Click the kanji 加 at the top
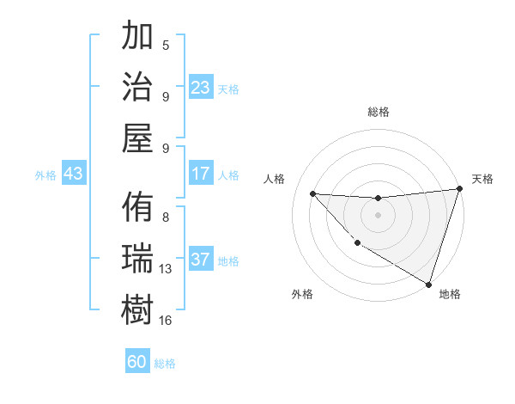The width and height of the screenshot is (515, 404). pos(137,38)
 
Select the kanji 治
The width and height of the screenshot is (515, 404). pos(137,87)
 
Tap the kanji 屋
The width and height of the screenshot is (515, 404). pos(137,138)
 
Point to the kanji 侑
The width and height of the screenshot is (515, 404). pos(137,208)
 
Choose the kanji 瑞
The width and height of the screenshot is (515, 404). pos(137,259)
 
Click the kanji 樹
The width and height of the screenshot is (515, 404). pos(137,309)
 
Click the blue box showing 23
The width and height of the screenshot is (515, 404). pos(201,87)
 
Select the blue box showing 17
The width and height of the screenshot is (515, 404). pos(201,174)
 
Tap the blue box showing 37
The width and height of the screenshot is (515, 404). pos(201,260)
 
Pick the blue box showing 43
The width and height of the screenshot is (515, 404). pos(73,174)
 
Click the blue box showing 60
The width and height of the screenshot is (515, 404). pos(137,362)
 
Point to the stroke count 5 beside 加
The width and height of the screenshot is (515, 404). pos(166,45)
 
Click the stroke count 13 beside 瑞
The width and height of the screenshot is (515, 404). pos(166,269)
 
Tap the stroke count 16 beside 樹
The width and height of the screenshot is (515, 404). pos(166,320)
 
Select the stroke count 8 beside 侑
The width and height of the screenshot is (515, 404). pos(166,217)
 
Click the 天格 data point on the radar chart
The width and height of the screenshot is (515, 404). pos(459,189)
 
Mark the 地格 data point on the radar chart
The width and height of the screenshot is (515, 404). pos(428,284)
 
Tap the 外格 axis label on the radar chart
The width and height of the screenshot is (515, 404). pos(302,295)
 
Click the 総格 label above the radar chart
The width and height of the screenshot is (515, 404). pos(378,113)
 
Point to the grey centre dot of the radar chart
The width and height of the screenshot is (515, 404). pos(378,215)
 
